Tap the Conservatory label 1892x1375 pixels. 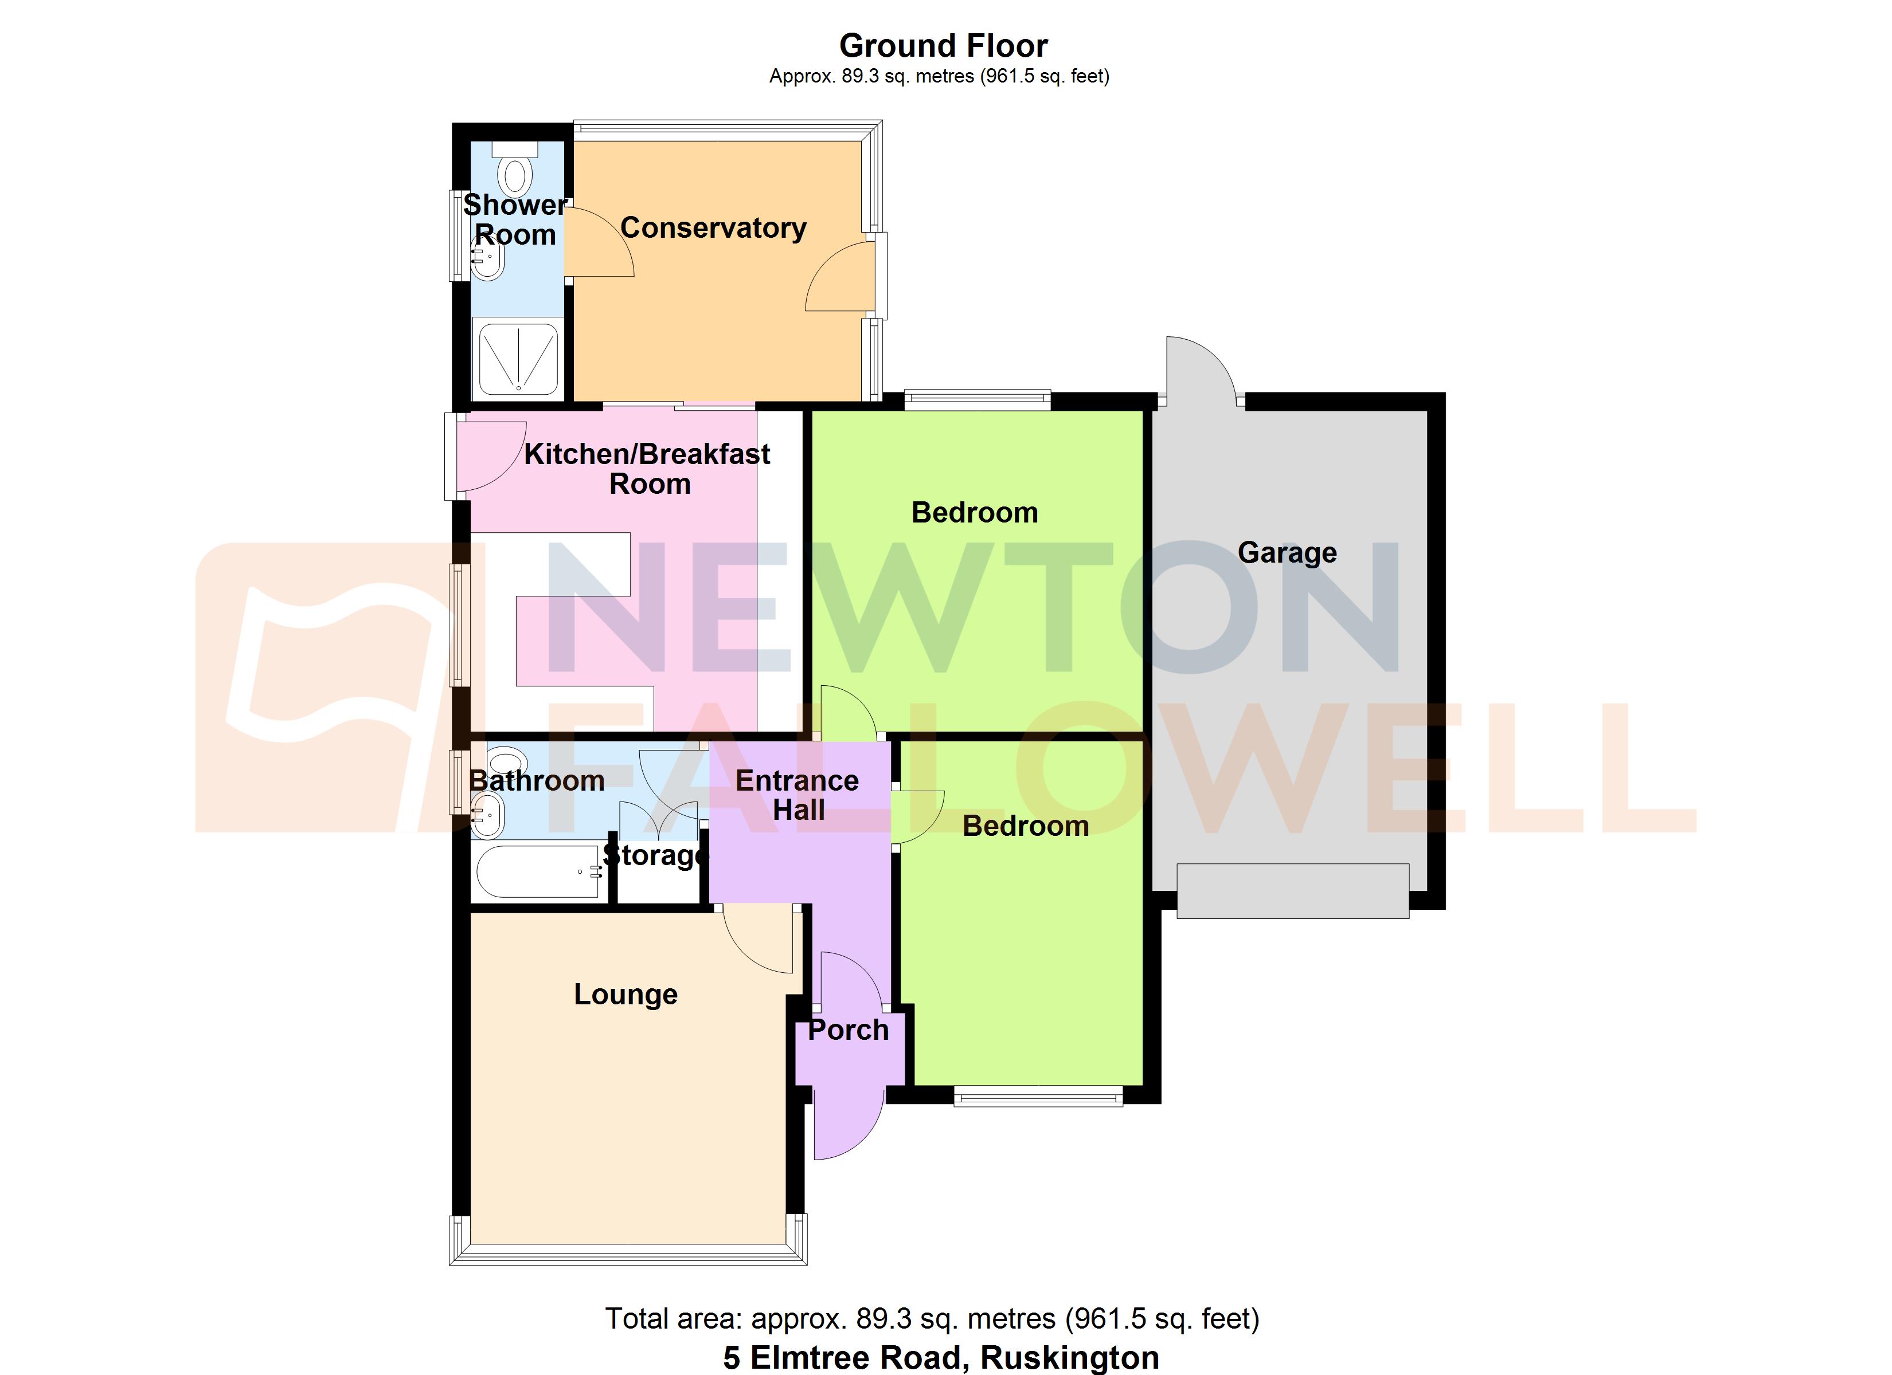[713, 227]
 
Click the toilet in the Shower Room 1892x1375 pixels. [515, 170]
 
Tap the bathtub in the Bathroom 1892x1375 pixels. [537, 872]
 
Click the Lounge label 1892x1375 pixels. [626, 994]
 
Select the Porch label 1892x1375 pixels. [849, 1030]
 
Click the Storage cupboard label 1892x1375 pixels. [655, 855]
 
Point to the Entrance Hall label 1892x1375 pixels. [798, 795]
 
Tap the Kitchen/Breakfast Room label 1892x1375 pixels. [647, 469]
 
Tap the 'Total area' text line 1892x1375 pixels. [932, 1318]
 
